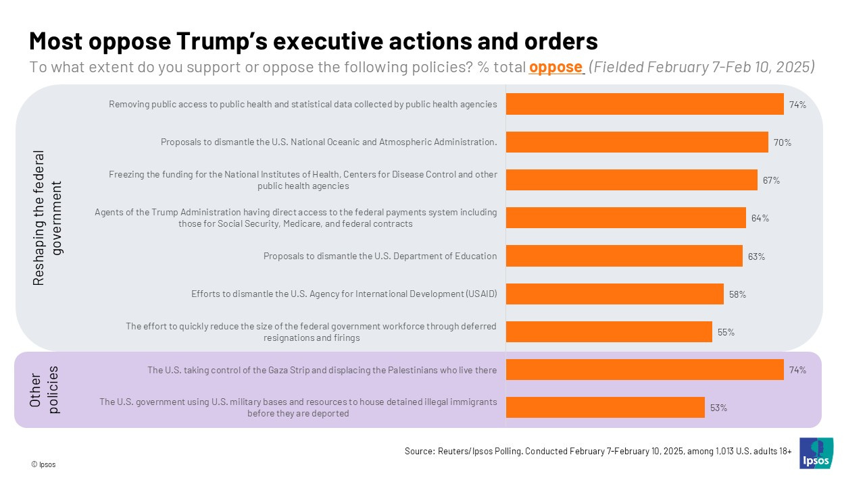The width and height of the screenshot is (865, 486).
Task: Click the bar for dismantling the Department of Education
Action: [x=624, y=256]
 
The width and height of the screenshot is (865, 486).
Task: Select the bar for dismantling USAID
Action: [x=614, y=294]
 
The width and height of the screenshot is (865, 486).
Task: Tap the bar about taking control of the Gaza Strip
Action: [x=644, y=370]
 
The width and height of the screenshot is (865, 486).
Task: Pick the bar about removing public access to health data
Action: [x=644, y=104]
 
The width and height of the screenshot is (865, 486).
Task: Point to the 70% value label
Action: [x=783, y=142]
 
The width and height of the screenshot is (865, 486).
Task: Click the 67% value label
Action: [x=772, y=180]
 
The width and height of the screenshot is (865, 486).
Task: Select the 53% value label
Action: [x=718, y=408]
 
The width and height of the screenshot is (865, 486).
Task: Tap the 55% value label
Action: [x=726, y=332]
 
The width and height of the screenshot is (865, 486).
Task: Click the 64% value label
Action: [x=760, y=218]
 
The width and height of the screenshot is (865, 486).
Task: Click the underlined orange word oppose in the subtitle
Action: [x=555, y=67]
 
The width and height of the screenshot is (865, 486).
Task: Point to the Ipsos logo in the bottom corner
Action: [x=816, y=453]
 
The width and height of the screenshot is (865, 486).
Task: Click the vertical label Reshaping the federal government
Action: [x=47, y=217]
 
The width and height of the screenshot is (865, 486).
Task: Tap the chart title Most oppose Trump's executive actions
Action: [x=313, y=41]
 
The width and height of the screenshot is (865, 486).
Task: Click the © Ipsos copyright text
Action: [x=43, y=464]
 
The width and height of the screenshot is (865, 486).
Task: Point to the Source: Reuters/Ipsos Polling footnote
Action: [x=598, y=451]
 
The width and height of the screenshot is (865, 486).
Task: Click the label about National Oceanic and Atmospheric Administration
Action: [x=328, y=142]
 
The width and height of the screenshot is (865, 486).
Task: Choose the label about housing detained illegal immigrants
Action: [x=298, y=407]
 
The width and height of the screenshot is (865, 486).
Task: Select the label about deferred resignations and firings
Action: [x=311, y=331]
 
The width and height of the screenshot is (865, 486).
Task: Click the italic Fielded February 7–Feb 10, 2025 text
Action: [x=702, y=67]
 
